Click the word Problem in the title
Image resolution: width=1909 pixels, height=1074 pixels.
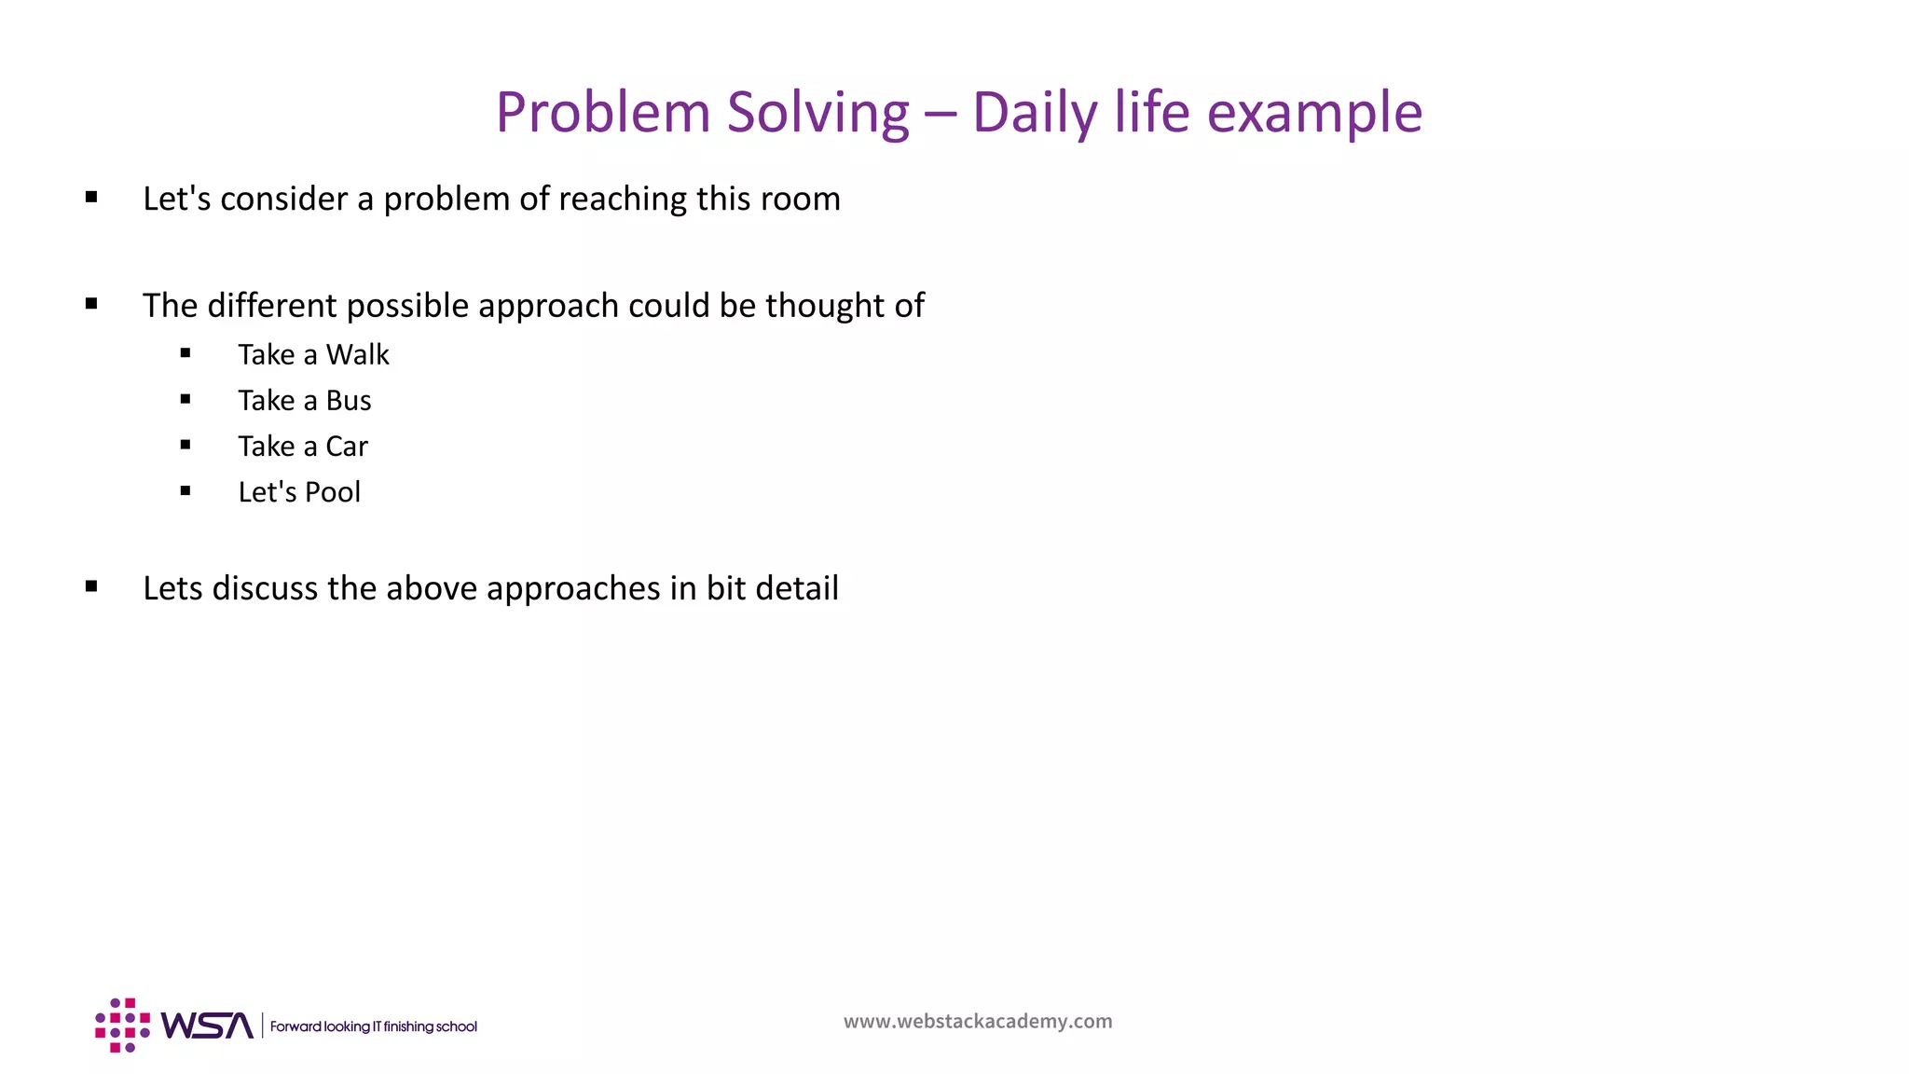tap(603, 113)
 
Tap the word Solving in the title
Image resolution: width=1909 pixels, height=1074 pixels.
tap(817, 113)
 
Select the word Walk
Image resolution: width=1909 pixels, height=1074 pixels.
tap(357, 355)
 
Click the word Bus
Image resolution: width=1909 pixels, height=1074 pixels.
tap(349, 401)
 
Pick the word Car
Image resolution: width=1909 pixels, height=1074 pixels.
tap(347, 447)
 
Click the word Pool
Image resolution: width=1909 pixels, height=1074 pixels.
tap(332, 492)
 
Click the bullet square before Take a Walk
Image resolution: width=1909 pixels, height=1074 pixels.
tap(185, 353)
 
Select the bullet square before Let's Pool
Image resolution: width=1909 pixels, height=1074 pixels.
tap(185, 490)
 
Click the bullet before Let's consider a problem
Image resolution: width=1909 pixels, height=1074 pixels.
tap(91, 197)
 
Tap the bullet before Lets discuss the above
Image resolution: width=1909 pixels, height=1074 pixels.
tap(91, 586)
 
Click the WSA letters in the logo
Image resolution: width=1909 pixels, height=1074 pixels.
tap(207, 1026)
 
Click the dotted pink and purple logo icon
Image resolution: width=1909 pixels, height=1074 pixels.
tap(122, 1026)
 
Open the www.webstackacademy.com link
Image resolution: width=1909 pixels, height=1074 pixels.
tap(978, 1022)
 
